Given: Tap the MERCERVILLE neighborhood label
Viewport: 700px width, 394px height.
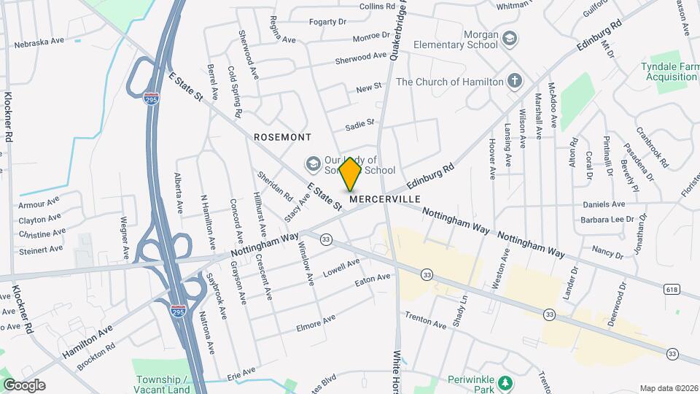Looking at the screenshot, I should click(x=384, y=198).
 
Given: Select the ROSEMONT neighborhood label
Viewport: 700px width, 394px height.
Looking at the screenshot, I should click(x=282, y=137).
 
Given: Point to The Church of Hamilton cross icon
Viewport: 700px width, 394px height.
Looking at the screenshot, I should click(x=516, y=81).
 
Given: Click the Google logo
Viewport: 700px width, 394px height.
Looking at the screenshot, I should click(x=24, y=385).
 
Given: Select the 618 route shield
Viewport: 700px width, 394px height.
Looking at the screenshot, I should click(x=672, y=290).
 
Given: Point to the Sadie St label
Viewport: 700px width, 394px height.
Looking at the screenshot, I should click(x=359, y=125).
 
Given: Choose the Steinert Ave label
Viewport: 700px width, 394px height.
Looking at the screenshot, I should click(x=41, y=250).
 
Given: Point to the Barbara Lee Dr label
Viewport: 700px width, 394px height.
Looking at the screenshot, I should click(x=607, y=219).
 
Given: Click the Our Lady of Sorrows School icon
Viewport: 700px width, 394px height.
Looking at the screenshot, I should click(x=314, y=163).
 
